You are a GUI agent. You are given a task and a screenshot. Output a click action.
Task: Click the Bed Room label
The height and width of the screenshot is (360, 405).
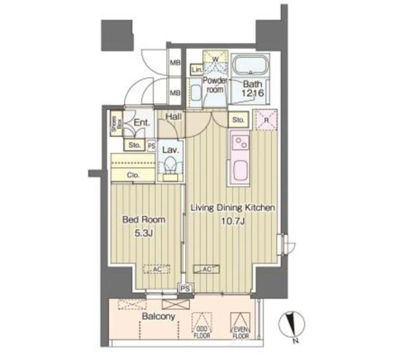(143, 220)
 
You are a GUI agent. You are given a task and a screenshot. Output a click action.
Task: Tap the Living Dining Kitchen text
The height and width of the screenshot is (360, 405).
(233, 207)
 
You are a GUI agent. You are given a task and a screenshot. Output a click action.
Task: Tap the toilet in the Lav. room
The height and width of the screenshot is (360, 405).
(171, 165)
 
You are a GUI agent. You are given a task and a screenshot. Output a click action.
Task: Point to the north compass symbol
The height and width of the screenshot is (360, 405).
(290, 322)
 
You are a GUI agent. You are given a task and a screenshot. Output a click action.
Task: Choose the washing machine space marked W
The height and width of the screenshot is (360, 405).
(215, 59)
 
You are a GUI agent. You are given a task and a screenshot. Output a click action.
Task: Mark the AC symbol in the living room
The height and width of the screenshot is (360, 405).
(206, 269)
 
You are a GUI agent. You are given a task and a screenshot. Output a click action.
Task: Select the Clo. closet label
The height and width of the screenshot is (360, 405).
(133, 175)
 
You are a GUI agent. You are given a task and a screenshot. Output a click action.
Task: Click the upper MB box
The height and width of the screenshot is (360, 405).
(175, 63)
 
